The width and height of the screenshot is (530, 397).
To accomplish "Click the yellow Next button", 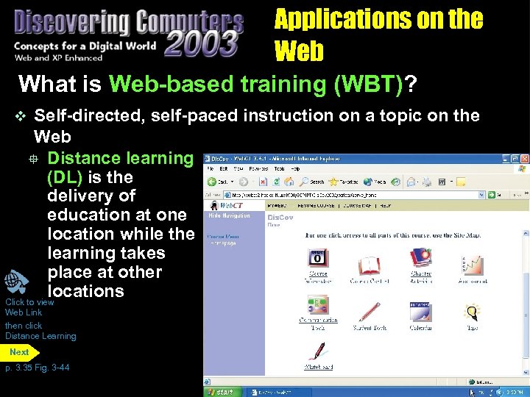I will point(20,352).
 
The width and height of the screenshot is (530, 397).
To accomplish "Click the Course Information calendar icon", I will point(318,259).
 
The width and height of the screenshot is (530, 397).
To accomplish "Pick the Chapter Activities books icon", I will point(420,259).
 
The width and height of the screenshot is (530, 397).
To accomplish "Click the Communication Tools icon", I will point(318,307).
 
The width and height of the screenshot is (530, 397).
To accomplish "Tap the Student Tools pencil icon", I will point(369,312).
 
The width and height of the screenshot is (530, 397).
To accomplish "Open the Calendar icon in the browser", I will point(420,312).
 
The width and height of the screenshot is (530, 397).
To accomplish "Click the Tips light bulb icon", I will point(472,312).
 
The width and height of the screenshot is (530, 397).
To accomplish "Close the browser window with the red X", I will point(524,159).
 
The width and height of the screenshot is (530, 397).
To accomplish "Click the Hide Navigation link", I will point(230,216).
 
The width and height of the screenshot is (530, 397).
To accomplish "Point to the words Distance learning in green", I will point(119,158).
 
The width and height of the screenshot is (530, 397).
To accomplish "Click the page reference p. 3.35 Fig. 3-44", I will point(37,368).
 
